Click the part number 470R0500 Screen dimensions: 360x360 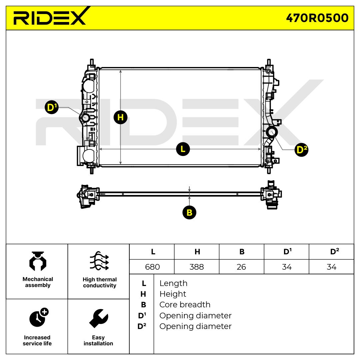317,18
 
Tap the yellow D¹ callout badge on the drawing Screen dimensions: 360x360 51,108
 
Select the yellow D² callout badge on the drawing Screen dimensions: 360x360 302,150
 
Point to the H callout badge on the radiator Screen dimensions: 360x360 120,117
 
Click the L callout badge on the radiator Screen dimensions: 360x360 183,149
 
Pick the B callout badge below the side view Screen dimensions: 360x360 189,212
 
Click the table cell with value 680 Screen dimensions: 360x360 152,267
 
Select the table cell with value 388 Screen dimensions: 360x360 196,267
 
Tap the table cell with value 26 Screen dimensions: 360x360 241,267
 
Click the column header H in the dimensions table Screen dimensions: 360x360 197,252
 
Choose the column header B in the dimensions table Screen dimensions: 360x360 242,252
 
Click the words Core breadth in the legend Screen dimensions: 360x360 185,305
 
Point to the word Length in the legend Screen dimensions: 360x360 173,283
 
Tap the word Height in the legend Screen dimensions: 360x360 173,294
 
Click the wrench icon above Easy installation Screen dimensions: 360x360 98,319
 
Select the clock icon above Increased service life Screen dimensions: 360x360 38,318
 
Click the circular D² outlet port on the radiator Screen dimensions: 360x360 272,132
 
